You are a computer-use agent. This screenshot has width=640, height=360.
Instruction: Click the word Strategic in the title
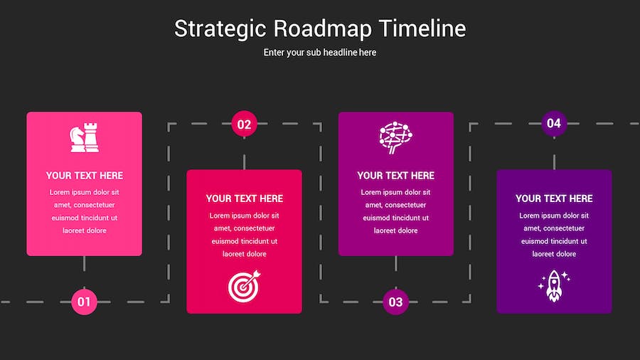click(x=220, y=29)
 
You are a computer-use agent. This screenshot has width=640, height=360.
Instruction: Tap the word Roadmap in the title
click(x=322, y=28)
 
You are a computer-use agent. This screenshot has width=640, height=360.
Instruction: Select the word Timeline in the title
click(x=422, y=28)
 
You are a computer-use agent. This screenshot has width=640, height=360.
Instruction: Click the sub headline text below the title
click(x=319, y=52)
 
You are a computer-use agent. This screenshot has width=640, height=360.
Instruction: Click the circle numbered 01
click(x=84, y=302)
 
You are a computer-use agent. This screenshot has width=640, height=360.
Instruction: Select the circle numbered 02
click(x=244, y=124)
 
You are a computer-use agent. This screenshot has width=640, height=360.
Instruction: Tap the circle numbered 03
click(x=395, y=302)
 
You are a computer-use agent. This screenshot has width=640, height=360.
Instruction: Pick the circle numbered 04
click(x=554, y=123)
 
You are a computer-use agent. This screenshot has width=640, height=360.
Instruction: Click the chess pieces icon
click(x=84, y=137)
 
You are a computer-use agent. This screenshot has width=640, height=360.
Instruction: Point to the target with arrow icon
click(x=244, y=286)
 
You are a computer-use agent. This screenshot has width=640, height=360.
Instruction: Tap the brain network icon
click(x=395, y=137)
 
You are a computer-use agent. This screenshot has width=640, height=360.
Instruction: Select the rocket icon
click(x=554, y=286)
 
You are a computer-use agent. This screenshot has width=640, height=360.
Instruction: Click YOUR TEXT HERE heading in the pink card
click(x=85, y=176)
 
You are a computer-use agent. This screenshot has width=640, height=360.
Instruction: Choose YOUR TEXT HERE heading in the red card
click(x=245, y=198)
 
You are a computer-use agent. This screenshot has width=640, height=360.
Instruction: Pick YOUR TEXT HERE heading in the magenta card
click(x=396, y=176)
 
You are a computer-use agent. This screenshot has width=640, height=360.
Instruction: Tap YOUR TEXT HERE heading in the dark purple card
click(x=554, y=198)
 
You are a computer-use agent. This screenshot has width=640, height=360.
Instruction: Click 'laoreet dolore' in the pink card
click(x=85, y=231)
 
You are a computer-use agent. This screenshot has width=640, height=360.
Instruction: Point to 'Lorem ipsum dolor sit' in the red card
click(x=245, y=216)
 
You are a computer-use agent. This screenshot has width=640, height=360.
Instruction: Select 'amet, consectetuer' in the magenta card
click(x=396, y=205)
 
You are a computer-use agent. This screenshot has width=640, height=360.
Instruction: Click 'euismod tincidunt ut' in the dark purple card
click(x=554, y=241)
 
